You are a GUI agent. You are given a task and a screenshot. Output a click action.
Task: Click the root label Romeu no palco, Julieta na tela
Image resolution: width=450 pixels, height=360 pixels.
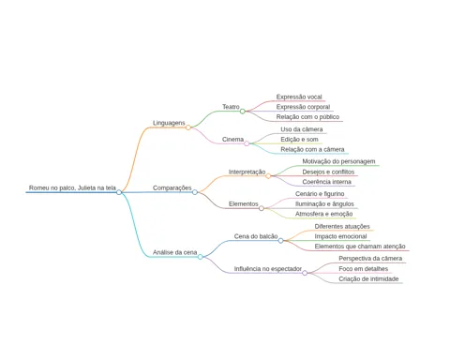[x=72, y=187]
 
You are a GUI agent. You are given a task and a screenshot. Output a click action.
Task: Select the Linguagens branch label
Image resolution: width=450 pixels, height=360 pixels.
[x=169, y=123]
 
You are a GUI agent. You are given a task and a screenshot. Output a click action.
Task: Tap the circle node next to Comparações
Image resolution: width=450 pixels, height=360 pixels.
[x=195, y=192]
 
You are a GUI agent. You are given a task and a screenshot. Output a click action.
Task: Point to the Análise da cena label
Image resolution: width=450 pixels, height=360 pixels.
[x=174, y=252]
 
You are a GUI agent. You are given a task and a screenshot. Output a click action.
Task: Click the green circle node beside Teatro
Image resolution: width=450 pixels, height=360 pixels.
[x=243, y=112]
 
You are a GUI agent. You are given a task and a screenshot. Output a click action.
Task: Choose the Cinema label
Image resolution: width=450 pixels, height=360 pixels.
[x=232, y=140]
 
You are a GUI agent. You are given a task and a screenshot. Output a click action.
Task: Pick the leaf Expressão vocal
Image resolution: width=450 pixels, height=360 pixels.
[x=299, y=97]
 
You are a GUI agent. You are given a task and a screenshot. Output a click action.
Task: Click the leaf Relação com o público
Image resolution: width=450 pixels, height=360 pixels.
[x=307, y=117]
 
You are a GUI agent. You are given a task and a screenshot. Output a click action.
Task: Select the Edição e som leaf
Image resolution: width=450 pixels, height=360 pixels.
[x=299, y=140]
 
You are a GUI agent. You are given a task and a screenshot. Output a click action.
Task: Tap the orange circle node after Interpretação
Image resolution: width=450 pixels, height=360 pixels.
[x=268, y=176]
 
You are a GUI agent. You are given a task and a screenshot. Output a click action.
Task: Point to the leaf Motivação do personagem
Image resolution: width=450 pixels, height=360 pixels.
[x=338, y=161]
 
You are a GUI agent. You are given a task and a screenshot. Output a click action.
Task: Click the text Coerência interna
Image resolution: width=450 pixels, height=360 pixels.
[x=326, y=182]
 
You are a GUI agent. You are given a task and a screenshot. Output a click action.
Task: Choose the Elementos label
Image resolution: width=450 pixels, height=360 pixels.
[x=244, y=204]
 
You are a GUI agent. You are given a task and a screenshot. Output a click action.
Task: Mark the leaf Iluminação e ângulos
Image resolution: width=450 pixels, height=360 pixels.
[x=324, y=204]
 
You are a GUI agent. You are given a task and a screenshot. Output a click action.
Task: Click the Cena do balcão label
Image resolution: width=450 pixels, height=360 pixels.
[x=256, y=236]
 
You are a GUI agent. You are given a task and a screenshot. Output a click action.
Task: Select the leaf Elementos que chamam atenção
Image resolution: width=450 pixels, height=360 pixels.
[x=360, y=247]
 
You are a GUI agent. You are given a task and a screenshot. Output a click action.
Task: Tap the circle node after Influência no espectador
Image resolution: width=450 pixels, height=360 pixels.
[x=305, y=273]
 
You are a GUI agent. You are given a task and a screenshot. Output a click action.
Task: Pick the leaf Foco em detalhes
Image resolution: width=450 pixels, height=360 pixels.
[x=364, y=269]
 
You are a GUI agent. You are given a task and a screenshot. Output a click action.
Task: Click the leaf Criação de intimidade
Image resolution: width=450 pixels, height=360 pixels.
[x=368, y=278]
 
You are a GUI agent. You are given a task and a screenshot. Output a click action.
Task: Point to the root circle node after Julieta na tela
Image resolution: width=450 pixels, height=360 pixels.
[x=119, y=192]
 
